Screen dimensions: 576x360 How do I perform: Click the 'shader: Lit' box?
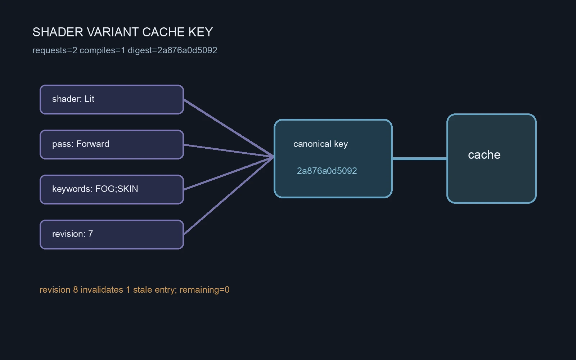[112, 99]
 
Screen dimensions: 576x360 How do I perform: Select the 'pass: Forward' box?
[112, 144]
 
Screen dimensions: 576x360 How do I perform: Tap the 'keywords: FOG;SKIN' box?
[112, 189]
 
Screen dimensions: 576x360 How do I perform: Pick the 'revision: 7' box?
[112, 234]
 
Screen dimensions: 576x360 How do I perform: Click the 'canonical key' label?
[320, 144]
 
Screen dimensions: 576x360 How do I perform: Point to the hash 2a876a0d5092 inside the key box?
[327, 171]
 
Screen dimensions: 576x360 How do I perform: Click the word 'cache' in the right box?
[484, 155]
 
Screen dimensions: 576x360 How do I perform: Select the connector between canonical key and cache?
[420, 159]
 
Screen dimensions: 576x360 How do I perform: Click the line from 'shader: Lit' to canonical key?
[229, 128]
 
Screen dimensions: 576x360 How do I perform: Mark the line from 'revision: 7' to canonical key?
[229, 196]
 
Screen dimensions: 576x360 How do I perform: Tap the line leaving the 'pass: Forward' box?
[229, 151]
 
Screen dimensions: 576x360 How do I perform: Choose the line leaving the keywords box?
[229, 174]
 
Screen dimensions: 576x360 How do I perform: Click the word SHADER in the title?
[58, 32]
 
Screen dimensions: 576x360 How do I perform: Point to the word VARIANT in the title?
[113, 32]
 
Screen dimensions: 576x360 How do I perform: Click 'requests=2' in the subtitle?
[55, 50]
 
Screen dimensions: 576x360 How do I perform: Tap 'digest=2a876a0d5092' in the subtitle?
[172, 50]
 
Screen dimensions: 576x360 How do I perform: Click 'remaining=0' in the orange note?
[204, 290]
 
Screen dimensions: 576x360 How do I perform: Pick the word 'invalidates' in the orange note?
[102, 290]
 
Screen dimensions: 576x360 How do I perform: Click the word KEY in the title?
[201, 32]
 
